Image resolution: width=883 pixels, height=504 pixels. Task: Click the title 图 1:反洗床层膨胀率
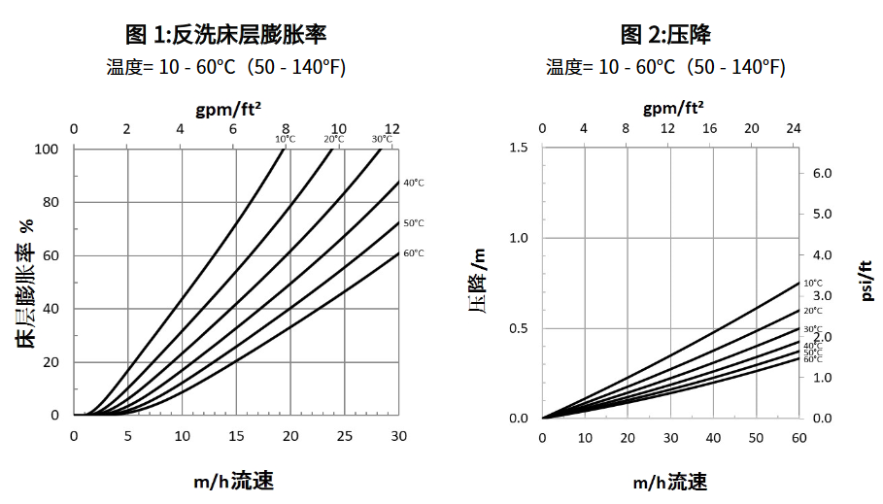(225, 36)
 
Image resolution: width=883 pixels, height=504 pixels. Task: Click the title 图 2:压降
(665, 36)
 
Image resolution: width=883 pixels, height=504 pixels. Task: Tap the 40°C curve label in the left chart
(414, 182)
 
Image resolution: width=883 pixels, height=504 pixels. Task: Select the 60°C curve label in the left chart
(414, 252)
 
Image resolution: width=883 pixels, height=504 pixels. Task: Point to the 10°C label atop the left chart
(285, 139)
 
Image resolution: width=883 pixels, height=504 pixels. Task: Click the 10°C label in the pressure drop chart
(812, 283)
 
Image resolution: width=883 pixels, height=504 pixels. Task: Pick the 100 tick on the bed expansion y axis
(47, 149)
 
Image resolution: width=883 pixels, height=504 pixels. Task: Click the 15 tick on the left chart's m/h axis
(236, 436)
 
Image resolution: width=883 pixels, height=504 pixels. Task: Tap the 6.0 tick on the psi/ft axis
(822, 173)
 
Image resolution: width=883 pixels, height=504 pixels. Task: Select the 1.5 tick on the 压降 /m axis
(518, 147)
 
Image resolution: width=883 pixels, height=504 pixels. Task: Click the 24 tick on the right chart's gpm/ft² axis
(793, 129)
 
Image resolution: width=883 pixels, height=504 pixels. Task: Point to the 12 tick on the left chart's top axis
(392, 129)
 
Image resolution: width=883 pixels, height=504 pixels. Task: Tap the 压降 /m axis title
(477, 283)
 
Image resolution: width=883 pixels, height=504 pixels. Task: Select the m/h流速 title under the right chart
(670, 483)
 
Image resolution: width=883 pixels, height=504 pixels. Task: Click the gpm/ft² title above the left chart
(228, 109)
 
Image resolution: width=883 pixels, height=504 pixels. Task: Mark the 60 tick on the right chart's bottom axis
(798, 436)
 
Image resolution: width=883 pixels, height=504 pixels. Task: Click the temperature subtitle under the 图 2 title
(665, 67)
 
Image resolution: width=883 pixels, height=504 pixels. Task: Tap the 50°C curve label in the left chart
(414, 222)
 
